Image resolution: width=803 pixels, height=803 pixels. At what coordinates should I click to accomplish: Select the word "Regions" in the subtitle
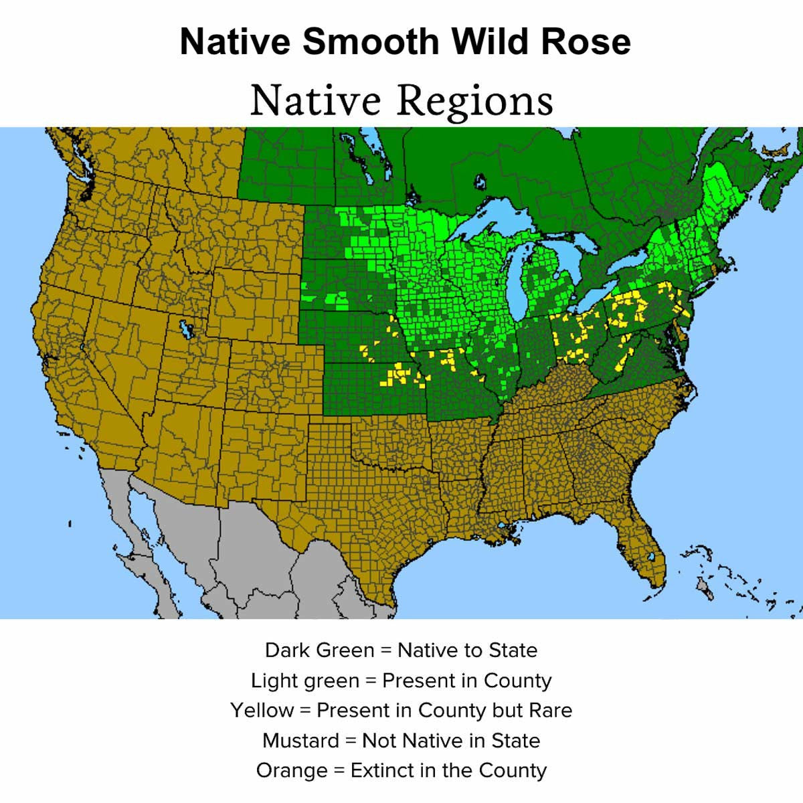point(475,100)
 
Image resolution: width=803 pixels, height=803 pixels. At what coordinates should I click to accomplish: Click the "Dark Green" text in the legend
point(319,650)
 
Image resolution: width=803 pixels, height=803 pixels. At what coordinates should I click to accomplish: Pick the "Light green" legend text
point(304,681)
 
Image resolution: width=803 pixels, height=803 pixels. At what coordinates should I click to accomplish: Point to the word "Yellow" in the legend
point(262,710)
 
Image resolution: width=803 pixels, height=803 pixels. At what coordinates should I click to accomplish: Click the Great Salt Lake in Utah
point(185,329)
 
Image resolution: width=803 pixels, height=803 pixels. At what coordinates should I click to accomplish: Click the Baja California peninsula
point(134,529)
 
